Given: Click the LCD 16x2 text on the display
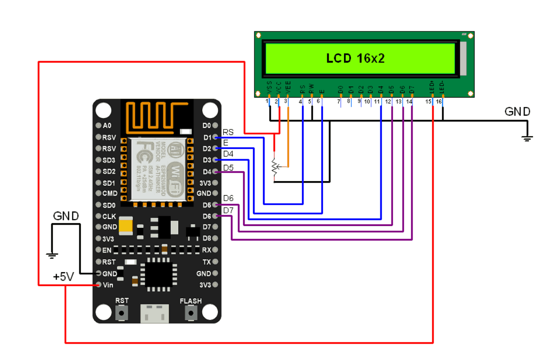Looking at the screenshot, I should coord(355,58).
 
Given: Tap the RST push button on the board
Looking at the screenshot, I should coord(122,313).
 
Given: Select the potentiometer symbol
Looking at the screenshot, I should coord(274,166).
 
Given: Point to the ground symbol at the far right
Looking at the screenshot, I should coord(528,137).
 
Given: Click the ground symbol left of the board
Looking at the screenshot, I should coord(52,255).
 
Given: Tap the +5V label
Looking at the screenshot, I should coord(63,277).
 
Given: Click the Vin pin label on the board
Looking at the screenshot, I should coord(109,285).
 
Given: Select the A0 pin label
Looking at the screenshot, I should coord(107,126).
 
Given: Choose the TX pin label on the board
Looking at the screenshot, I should coord(206,262).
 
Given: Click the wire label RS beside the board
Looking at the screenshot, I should coord(228,133).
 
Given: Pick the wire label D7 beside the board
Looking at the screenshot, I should coord(228,211).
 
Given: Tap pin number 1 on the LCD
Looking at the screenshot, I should coord(267,101).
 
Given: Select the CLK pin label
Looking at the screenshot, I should coord(109,217).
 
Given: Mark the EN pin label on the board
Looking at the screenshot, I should coord(107,250).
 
